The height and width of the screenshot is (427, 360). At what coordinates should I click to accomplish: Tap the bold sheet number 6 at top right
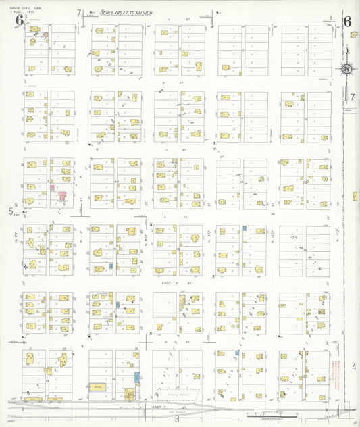346,21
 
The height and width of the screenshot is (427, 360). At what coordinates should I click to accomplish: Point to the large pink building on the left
62,197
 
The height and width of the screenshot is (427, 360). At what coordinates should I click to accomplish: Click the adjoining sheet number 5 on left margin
11,212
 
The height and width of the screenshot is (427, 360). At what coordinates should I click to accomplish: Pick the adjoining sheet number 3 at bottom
177,419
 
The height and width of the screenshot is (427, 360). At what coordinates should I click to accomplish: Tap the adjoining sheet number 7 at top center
79,13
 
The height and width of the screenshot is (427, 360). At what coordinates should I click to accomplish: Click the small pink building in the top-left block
45,33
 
